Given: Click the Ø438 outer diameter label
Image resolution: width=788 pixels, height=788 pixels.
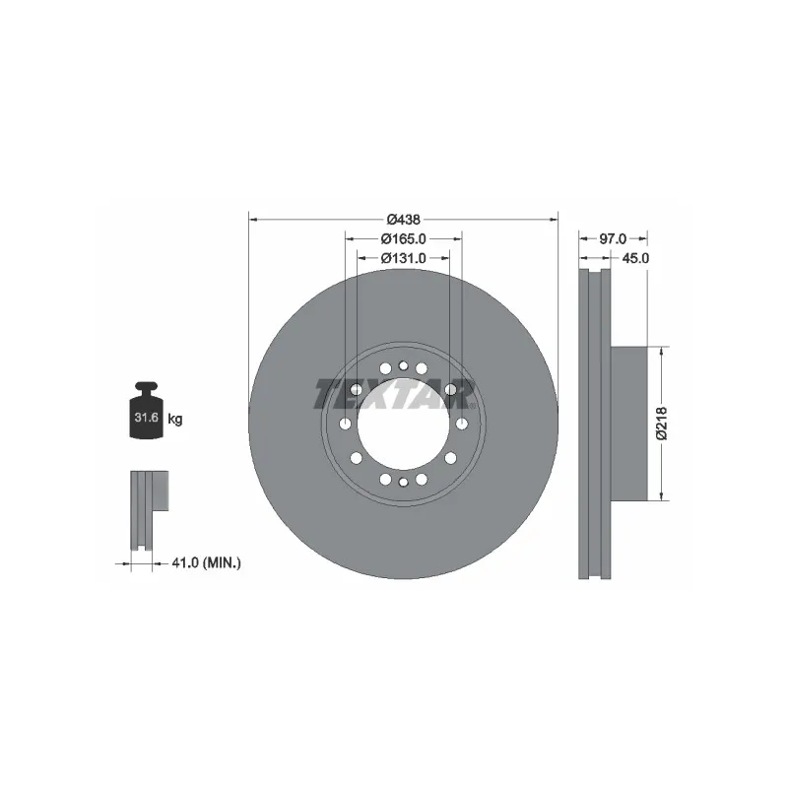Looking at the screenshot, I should click(403, 219).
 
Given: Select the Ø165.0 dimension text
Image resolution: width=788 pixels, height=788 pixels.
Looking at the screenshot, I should click(403, 238).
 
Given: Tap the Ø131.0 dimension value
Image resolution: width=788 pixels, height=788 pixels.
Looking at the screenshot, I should click(403, 258).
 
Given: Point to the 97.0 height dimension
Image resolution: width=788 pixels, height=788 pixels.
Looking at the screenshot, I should click(613, 238).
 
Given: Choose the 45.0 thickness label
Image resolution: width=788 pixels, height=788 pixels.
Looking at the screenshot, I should click(632, 258).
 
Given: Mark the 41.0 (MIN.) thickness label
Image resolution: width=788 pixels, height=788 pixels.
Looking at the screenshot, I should click(206, 562).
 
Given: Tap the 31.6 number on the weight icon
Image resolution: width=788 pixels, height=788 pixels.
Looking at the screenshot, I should click(146, 419).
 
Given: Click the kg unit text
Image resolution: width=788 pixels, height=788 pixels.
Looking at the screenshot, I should click(175, 419).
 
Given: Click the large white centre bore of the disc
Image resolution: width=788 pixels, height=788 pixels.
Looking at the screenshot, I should click(402, 424).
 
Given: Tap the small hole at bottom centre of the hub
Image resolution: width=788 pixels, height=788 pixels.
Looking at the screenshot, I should click(403, 481).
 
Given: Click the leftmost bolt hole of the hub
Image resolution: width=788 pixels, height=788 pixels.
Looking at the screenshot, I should click(345, 424).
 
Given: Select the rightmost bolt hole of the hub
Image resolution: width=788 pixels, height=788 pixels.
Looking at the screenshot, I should click(461, 424).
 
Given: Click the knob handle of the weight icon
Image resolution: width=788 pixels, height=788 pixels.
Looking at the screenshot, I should click(146, 387).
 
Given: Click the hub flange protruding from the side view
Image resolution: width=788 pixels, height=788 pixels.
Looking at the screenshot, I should click(631, 424).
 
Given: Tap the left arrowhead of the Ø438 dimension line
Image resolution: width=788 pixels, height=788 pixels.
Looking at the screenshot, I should click(252, 219).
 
